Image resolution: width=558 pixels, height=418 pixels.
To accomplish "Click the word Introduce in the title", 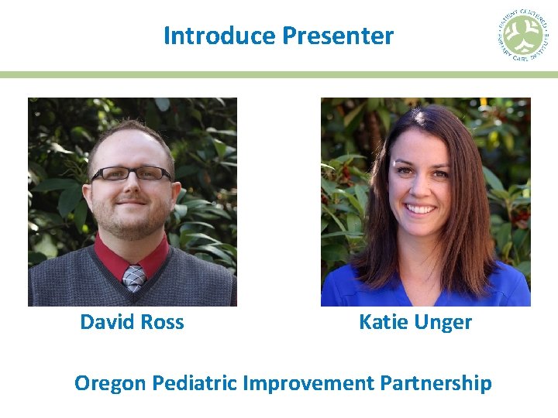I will (x=219, y=36).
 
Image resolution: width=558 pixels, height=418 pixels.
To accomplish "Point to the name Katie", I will (x=383, y=322).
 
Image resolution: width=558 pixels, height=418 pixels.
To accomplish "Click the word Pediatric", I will (x=195, y=383).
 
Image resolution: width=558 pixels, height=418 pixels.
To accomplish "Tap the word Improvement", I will (x=308, y=383).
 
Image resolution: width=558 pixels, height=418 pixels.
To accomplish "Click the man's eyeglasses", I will (x=130, y=174).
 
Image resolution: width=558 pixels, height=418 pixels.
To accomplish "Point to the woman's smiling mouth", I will (x=421, y=209).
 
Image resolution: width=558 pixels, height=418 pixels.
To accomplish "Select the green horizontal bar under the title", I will (x=279, y=75).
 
